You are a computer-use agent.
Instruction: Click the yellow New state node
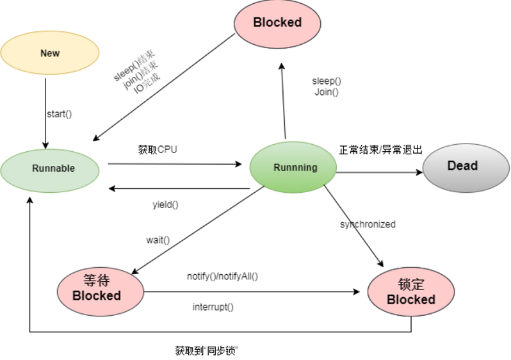50,54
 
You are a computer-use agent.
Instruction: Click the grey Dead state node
462,166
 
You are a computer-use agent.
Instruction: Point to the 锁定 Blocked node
411,291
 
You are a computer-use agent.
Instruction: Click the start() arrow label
59,114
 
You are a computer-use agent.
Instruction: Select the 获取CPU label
158,150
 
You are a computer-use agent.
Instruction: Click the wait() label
158,240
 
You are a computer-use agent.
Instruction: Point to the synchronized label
368,224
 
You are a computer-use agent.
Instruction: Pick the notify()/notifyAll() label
222,276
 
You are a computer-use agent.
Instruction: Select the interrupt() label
213,307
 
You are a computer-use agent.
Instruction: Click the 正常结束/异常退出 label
381,150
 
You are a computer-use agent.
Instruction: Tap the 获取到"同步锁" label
206,350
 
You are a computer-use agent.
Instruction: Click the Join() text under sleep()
327,92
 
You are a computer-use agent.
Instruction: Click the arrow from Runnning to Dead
378,172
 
